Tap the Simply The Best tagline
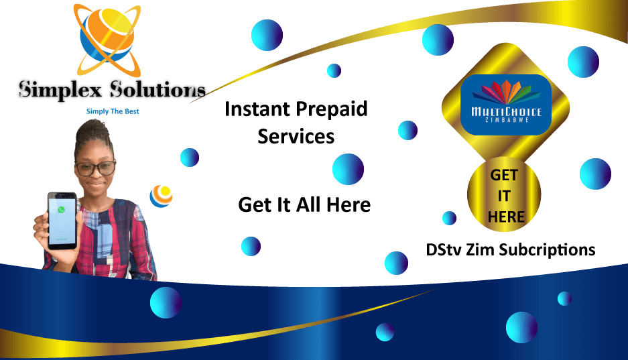[x=113, y=111]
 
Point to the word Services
[x=296, y=136]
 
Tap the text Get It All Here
[x=304, y=204]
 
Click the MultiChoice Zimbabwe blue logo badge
[x=506, y=104]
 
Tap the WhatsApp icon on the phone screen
[x=62, y=209]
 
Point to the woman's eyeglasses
[x=95, y=168]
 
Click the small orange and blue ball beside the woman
[x=161, y=195]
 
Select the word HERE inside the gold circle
[x=505, y=216]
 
